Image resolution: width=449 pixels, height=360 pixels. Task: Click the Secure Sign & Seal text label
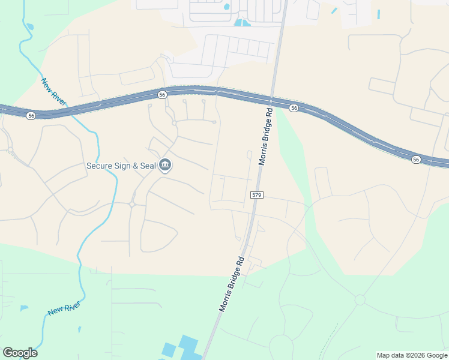click(121, 166)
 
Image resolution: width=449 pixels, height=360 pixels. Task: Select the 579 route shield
click(256, 195)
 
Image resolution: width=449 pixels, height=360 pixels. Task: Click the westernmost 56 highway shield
click(31, 115)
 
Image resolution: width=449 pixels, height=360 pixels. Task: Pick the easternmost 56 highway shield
click(416, 159)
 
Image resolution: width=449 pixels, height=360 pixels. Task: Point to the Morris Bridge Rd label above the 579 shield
click(266, 136)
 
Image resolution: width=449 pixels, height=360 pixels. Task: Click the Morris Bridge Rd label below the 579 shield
click(232, 284)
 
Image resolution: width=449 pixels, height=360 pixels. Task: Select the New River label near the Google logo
click(64, 310)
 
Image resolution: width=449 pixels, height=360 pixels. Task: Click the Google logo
click(20, 353)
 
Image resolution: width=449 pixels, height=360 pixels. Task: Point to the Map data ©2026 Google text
click(412, 355)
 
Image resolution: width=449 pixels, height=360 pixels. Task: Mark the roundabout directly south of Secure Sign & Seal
click(131, 204)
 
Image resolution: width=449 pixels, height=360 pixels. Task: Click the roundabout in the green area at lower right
click(360, 299)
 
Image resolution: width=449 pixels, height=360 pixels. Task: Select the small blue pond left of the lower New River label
click(24, 308)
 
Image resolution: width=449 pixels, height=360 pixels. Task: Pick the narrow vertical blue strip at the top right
click(379, 14)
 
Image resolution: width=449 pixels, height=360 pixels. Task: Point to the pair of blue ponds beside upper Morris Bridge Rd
click(243, 23)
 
